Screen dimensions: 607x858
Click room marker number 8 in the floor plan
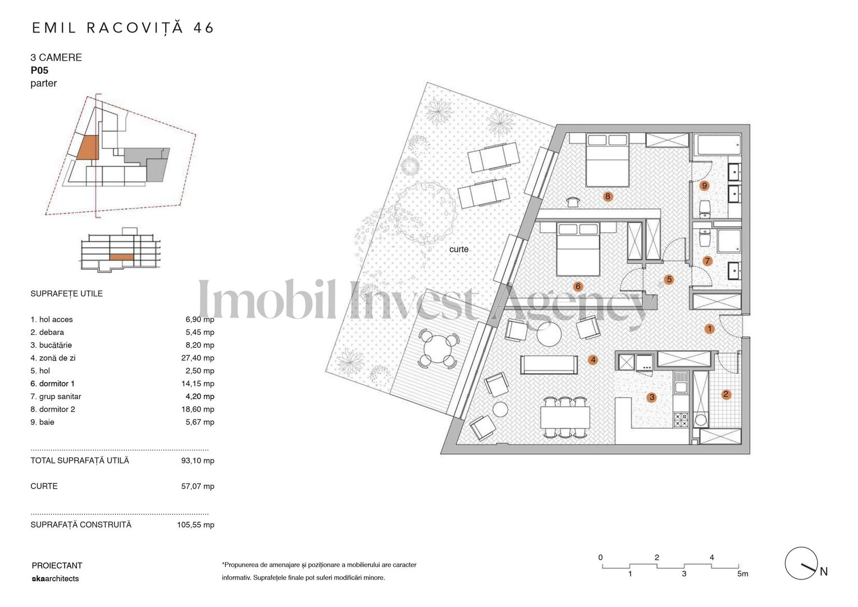tap(607, 196)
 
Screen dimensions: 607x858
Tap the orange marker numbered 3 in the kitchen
tap(651, 397)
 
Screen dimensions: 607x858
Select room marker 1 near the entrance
tap(709, 329)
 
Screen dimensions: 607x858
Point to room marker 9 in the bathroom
tap(704, 185)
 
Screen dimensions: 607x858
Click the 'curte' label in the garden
tap(458, 249)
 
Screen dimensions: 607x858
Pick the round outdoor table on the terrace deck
tap(437, 350)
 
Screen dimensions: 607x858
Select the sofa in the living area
tap(549, 364)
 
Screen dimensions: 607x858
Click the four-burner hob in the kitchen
tap(681, 419)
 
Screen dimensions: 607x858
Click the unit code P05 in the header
tap(39, 70)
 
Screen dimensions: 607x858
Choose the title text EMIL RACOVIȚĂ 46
tap(123, 28)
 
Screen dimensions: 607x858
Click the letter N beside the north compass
tap(824, 572)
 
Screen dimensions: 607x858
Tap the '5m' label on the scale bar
tap(742, 574)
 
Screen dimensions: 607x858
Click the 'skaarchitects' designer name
tap(55, 578)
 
